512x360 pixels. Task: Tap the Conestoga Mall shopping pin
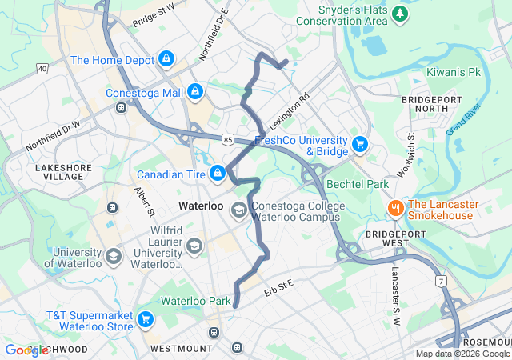tap(194, 92)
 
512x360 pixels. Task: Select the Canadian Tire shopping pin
tap(217, 173)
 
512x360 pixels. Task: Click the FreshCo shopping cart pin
tap(360, 145)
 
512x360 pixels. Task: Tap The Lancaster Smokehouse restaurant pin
tap(395, 208)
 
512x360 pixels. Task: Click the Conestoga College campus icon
tap(238, 210)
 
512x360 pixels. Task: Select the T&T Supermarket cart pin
tap(145, 320)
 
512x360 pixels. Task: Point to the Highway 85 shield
tap(228, 139)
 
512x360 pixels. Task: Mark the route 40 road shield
tap(42, 70)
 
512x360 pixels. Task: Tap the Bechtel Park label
tap(358, 185)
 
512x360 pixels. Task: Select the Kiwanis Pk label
tap(453, 72)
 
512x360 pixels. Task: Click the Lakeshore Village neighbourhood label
tap(64, 172)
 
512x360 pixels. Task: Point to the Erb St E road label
tap(279, 290)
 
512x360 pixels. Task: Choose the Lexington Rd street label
tap(289, 112)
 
